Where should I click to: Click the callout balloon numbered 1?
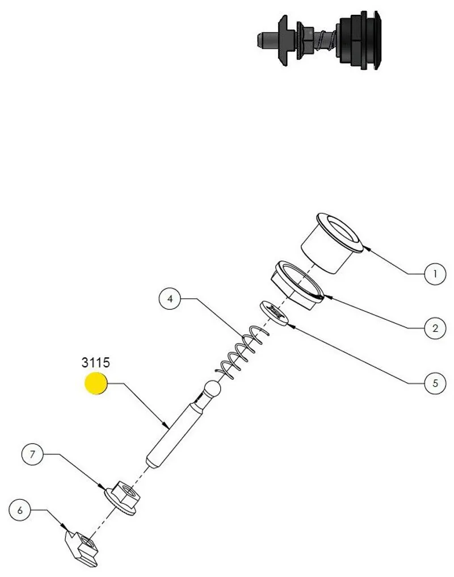coord(435,274)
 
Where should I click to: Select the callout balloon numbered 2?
coord(435,328)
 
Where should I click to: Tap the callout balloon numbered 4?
coord(170,298)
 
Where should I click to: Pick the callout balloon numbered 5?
coord(435,382)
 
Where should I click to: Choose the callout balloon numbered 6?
coord(20,510)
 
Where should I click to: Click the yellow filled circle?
coord(96,384)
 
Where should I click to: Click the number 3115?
coord(95,362)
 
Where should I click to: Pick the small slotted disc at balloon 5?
coord(275,312)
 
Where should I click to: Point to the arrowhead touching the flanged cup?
coord(363,248)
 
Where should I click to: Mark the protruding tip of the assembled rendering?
coord(262,40)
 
